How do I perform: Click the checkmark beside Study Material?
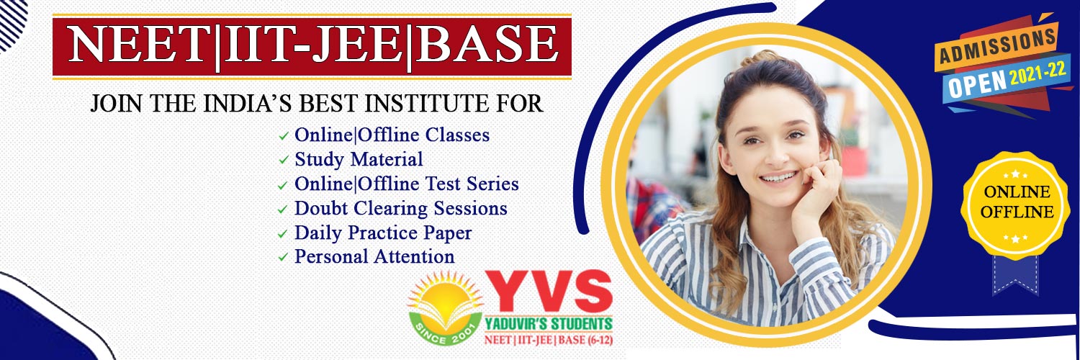284,160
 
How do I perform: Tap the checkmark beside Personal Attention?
284,257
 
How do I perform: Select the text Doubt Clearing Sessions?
400,209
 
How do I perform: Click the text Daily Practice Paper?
383,233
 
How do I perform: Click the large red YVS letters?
549,292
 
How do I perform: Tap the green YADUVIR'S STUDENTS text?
549,323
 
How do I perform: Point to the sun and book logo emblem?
446,307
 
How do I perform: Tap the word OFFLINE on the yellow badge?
1017,212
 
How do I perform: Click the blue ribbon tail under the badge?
1015,275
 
